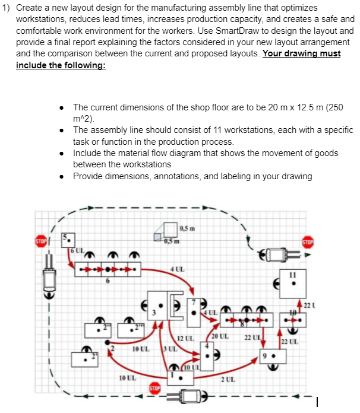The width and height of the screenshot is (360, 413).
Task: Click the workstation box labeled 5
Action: click(69, 240)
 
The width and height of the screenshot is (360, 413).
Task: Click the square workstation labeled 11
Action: click(293, 284)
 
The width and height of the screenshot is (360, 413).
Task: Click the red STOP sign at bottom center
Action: click(156, 388)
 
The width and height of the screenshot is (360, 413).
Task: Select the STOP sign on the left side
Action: click(41, 242)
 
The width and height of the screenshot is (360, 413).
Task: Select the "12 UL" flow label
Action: click(187, 338)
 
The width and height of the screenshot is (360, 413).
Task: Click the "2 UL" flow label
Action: click(228, 380)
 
